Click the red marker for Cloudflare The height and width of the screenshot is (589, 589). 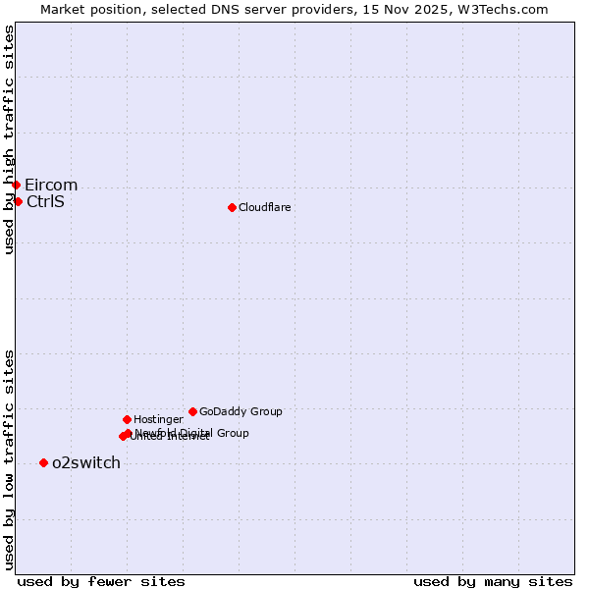(x=232, y=207)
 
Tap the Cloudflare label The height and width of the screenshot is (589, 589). (x=264, y=207)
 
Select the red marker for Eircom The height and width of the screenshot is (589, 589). (x=16, y=185)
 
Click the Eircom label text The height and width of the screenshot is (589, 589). (x=51, y=186)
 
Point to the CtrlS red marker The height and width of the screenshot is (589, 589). (x=18, y=201)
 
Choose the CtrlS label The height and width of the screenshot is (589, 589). (x=45, y=202)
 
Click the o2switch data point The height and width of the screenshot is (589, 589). (x=43, y=462)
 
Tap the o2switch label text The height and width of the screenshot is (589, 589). (x=86, y=463)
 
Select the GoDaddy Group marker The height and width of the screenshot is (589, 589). (x=192, y=411)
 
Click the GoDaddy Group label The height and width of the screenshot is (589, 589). (x=241, y=412)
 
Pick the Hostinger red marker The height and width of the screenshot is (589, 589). (x=127, y=419)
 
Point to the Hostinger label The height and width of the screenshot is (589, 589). (x=158, y=420)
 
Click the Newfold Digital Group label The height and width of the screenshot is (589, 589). (x=192, y=433)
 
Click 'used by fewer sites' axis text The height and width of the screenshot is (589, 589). (x=101, y=581)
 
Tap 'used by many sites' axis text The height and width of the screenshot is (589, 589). (x=493, y=581)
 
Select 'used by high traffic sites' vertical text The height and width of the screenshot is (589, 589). (x=10, y=139)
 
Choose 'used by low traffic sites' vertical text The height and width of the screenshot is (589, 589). (x=10, y=458)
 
